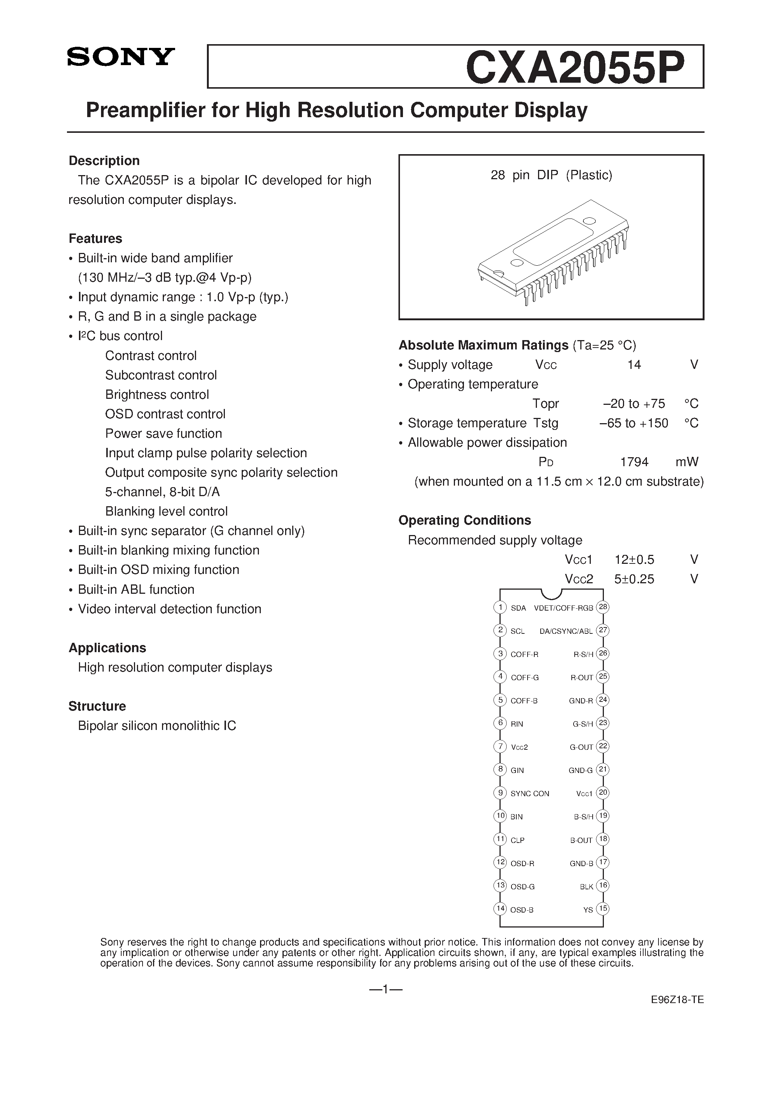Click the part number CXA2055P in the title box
pos(575,67)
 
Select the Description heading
pos(104,161)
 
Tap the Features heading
pos(95,238)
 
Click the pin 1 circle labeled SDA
pos(499,608)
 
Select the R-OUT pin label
pos(581,678)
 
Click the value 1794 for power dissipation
pos(634,462)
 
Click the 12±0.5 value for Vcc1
pos(634,559)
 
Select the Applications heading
pos(107,648)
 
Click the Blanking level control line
pos(166,511)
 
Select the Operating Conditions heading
pos(464,520)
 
